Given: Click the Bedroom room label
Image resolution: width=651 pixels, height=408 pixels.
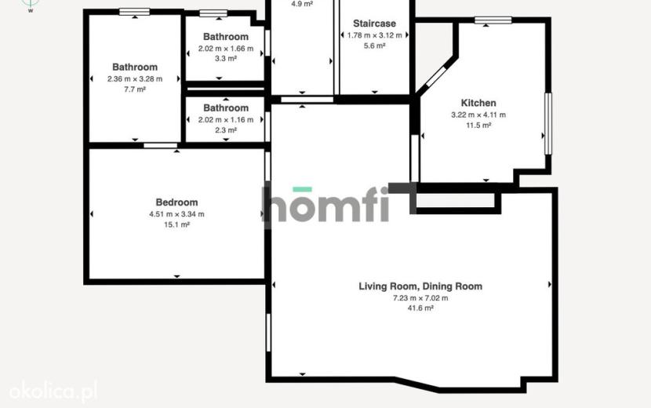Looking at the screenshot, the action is pos(176,202).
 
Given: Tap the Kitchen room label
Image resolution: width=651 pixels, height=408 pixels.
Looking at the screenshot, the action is pos(478,103).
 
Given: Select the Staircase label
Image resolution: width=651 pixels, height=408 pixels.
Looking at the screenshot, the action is pos(374,24).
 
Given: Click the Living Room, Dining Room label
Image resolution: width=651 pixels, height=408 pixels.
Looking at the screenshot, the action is pos(420,286).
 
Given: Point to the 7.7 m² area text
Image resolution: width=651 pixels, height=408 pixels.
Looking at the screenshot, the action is pos(135,89).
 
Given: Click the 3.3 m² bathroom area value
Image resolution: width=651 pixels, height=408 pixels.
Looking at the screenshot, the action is pos(226,59).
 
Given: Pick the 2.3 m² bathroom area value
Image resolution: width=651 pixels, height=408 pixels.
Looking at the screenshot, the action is pos(226,130).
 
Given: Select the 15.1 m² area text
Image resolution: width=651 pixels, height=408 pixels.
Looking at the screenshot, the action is pos(176,224).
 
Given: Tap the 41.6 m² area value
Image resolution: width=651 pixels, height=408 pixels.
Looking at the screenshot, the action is pos(420,308).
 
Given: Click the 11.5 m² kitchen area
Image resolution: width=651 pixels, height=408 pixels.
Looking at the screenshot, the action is pos(478,125).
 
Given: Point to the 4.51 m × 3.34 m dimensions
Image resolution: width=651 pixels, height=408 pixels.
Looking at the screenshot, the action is pos(176,214).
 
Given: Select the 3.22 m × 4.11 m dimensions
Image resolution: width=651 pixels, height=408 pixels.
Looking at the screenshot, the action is pos(478,115).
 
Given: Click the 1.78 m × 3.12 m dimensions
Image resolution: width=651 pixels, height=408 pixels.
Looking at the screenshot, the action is pos(374,35).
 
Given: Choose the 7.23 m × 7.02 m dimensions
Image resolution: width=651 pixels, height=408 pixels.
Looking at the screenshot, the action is pos(420,298).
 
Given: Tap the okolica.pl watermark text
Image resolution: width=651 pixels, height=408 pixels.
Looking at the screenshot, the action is pos(53,392).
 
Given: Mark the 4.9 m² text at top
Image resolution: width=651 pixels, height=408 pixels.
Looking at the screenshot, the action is pos(302,4).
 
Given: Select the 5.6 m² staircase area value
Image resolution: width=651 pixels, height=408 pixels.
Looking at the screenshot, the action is pos(374,46).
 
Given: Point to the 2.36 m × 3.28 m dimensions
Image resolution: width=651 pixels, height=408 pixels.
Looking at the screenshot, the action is pos(135,79).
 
